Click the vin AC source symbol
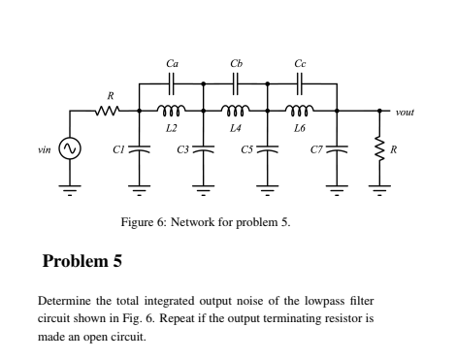(69, 148)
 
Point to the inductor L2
(172, 110)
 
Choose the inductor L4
(235, 110)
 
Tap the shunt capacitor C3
(203, 149)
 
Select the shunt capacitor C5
(268, 149)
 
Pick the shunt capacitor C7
(336, 149)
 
